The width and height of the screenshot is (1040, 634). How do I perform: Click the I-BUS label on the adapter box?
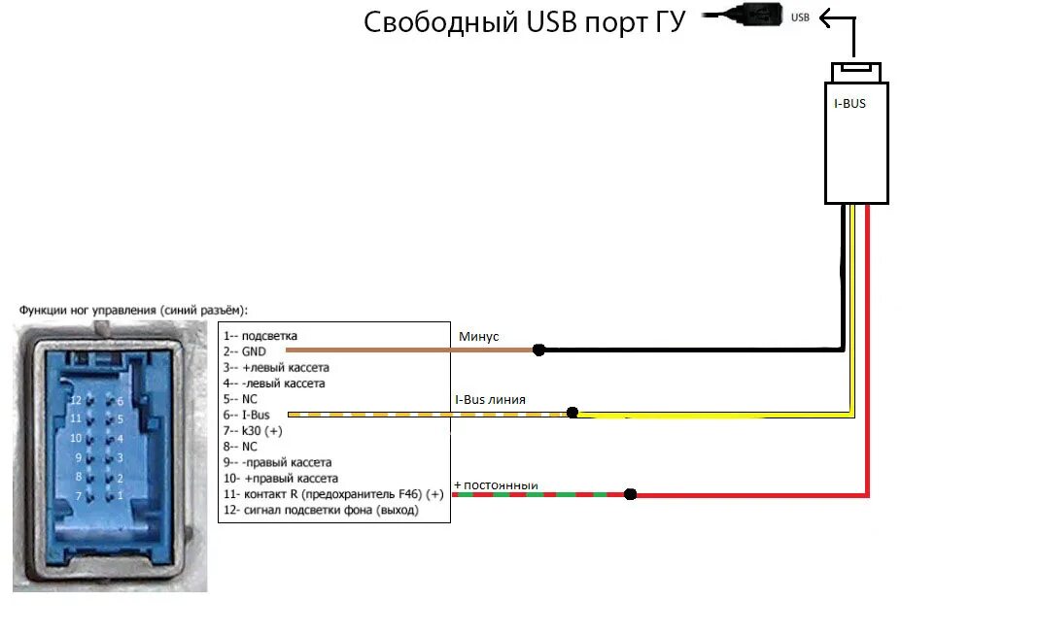pos(850,100)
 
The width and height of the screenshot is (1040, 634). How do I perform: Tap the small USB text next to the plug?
pos(800,17)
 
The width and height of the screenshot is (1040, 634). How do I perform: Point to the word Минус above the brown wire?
pos(478,336)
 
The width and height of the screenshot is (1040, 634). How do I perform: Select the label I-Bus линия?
pos(490,400)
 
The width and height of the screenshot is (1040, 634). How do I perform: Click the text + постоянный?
pos(496,484)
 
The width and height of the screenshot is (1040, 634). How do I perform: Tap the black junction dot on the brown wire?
pos(538,350)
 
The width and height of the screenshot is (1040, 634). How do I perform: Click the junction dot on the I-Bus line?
pos(572,413)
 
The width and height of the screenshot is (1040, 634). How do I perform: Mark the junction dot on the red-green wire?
pos(630,494)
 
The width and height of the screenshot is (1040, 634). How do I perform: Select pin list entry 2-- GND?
pos(244,351)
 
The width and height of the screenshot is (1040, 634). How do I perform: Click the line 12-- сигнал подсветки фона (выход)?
pos(321,510)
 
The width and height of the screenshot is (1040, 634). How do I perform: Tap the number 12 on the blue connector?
pos(76,400)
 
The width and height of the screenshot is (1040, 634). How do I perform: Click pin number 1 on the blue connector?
pos(120,496)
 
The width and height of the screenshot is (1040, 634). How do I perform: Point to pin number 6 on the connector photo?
pos(120,401)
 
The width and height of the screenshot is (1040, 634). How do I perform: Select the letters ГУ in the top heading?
pos(665,22)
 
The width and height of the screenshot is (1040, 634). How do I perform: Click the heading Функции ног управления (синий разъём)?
pos(133,310)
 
